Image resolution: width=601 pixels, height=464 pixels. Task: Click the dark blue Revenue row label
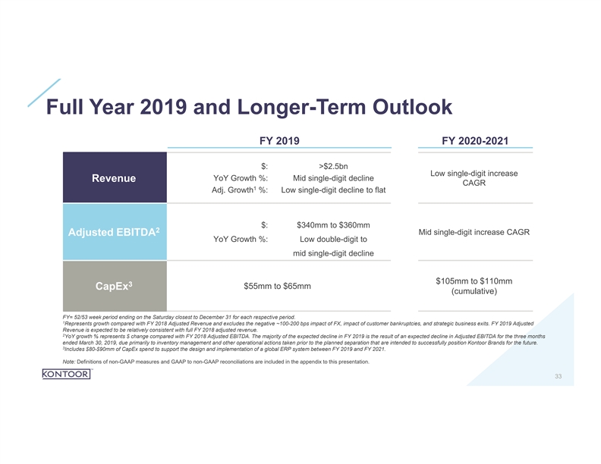114,178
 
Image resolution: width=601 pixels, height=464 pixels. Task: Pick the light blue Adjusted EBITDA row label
114,230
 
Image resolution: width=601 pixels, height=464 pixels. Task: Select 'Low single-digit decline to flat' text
333,190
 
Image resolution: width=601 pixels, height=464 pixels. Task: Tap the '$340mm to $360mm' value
333,224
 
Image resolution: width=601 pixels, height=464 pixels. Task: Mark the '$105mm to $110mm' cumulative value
474,281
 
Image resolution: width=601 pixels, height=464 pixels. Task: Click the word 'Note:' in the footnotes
52,362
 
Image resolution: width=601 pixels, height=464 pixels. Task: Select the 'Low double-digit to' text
333,240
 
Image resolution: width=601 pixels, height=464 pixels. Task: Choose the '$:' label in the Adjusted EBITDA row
263,224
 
